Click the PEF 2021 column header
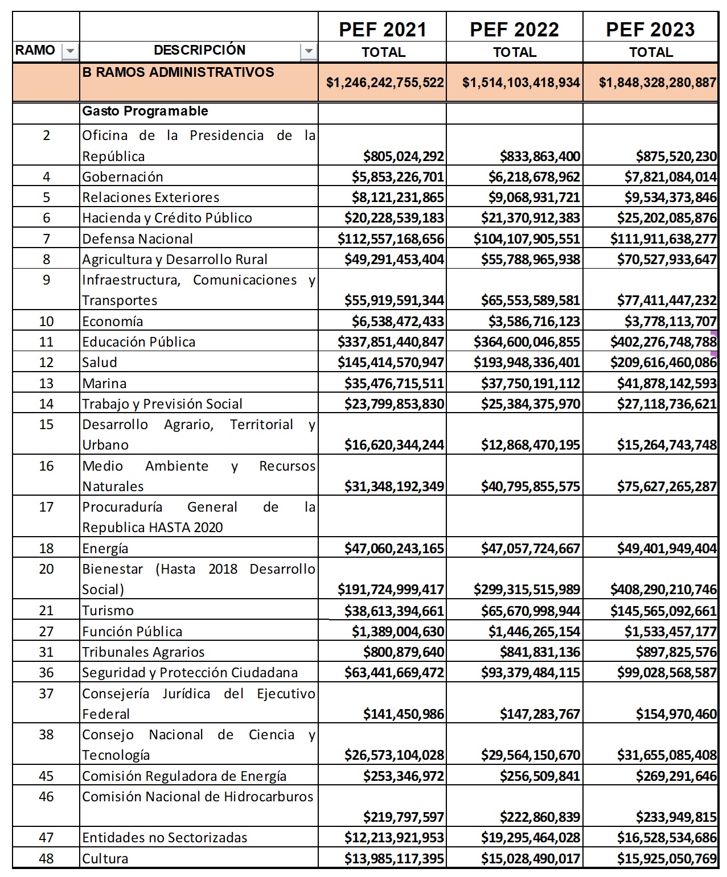point(383,30)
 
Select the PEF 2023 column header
point(650,30)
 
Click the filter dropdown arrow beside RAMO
point(70,51)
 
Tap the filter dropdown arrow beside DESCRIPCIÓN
point(308,51)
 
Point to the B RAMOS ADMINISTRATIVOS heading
point(178,72)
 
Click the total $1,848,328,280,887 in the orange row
point(657,83)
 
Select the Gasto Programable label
point(145,111)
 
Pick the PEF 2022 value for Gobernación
point(534,177)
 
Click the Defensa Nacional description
point(137,238)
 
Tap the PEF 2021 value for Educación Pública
point(391,342)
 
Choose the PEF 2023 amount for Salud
point(663,363)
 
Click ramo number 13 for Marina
point(46,383)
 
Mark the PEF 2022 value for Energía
point(531,549)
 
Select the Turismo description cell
point(108,611)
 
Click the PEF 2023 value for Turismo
point(663,611)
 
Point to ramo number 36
point(46,673)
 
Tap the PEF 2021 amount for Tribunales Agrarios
point(404,652)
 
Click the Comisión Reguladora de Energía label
point(184,776)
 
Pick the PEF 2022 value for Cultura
point(531,859)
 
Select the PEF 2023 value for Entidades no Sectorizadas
point(667,838)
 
